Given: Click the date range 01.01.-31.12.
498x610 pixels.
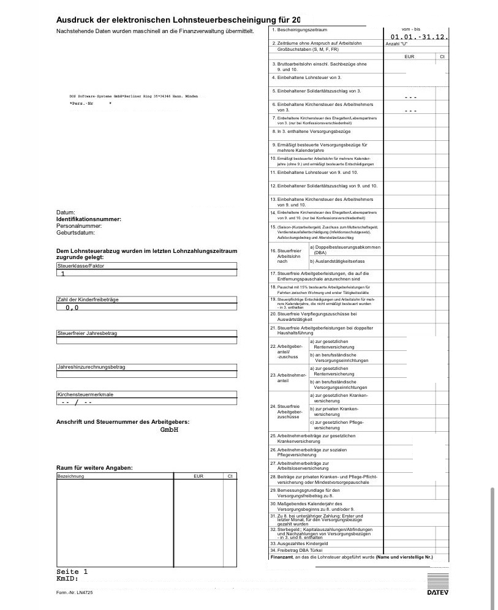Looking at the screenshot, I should [x=416, y=37].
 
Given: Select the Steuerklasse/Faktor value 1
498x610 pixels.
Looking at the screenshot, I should [x=62, y=274].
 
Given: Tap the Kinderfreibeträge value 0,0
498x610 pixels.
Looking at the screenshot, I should [x=72, y=307].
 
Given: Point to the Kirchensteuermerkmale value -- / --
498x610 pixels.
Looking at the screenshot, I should [x=76, y=403].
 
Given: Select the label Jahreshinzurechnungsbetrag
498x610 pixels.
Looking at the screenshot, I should [x=91, y=367].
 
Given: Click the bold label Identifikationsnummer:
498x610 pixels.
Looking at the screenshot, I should [x=89, y=219].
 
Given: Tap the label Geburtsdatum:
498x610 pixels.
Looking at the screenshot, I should [x=75, y=233].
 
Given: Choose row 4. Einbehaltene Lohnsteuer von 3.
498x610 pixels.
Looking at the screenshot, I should [x=306, y=78].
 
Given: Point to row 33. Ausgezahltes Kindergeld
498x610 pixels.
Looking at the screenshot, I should [x=303, y=543].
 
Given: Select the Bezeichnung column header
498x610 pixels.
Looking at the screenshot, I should [x=70, y=476].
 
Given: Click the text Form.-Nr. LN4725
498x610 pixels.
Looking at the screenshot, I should [x=74, y=593].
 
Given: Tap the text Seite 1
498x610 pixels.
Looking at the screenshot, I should [x=72, y=571].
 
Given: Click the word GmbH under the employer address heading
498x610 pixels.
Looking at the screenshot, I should [x=169, y=430].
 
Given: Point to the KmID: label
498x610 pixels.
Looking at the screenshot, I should [x=67, y=579].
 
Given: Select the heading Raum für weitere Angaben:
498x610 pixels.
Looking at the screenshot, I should [x=94, y=469].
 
